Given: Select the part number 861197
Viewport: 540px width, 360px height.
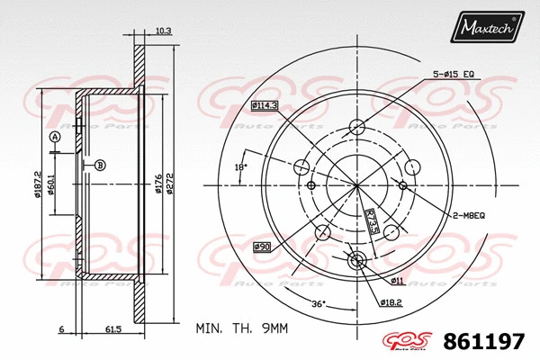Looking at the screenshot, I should click(485, 340).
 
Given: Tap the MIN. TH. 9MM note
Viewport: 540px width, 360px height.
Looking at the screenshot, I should click(241, 328).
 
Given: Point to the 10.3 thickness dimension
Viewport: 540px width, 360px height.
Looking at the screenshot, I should click(163, 31).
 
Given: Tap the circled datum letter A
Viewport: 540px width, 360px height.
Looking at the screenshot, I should click(55, 136).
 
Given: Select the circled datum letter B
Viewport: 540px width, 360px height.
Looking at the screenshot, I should click(100, 164).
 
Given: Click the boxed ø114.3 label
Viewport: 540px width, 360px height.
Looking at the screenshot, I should click(265, 106).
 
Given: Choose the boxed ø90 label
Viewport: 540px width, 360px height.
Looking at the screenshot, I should click(261, 246).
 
